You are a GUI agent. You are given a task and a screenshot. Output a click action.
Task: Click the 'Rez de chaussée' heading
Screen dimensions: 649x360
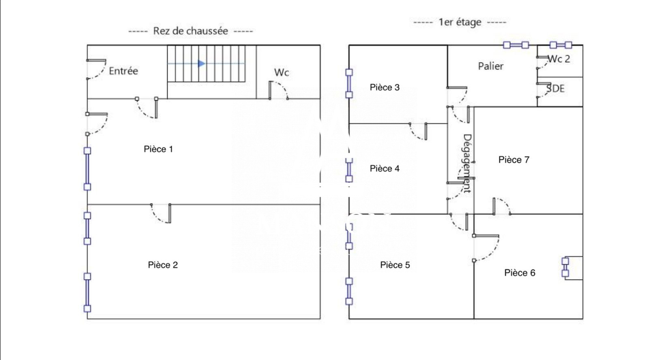click(190, 31)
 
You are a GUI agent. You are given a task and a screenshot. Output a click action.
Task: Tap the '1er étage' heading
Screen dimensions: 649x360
click(460, 22)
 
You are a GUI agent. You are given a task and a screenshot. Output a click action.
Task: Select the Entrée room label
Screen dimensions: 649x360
click(123, 71)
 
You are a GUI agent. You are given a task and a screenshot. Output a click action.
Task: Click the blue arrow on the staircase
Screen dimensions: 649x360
click(202, 63)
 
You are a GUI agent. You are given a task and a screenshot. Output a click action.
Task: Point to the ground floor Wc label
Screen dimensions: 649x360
click(282, 72)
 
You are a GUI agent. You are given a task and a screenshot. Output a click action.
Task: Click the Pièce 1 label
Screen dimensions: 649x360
click(158, 149)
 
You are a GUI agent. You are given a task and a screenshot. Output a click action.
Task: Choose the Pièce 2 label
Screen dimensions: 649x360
click(163, 265)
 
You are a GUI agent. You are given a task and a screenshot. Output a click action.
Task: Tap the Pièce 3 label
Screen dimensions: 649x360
click(385, 87)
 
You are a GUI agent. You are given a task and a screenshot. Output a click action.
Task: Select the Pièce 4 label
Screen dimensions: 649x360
click(385, 168)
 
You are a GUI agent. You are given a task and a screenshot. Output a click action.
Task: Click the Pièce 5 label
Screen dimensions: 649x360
click(395, 265)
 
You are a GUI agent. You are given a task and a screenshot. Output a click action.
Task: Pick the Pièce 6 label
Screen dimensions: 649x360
click(520, 272)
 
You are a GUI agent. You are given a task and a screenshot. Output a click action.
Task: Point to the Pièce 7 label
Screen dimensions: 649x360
click(514, 160)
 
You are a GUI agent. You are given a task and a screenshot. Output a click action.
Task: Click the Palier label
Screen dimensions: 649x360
click(490, 66)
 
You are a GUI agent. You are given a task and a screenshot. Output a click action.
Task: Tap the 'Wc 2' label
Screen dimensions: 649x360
click(559, 59)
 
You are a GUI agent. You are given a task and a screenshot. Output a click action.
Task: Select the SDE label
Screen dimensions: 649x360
click(555, 88)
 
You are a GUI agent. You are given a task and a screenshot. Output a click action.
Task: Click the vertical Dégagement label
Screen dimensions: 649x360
click(467, 163)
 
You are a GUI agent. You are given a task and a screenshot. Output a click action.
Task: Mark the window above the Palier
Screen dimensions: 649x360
click(516, 45)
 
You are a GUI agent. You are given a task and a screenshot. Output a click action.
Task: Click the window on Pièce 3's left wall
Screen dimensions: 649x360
click(349, 84)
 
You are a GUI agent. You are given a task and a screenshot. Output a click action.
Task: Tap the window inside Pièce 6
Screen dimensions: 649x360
click(565, 267)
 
